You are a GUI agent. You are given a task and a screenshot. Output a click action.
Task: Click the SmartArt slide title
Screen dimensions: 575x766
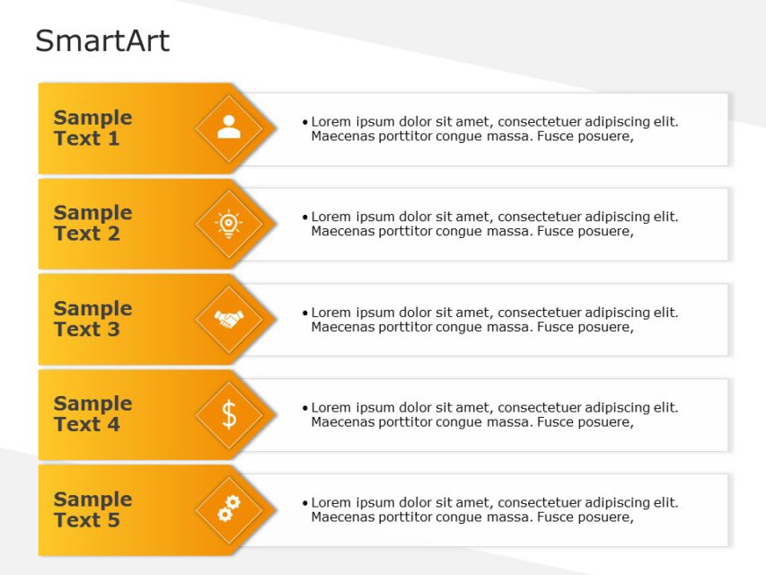tap(101, 41)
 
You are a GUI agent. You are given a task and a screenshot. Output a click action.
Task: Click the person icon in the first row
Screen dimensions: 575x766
tap(229, 127)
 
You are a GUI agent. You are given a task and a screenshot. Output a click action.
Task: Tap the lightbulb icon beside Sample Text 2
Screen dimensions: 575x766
tap(229, 223)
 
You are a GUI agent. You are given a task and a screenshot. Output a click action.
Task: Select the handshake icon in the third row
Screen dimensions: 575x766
tap(229, 319)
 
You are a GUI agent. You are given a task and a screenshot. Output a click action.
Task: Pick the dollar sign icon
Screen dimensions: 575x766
tap(229, 414)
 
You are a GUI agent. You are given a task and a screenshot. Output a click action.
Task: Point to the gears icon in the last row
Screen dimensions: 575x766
tap(229, 509)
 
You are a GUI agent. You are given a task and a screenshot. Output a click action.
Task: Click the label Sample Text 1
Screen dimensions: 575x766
tap(92, 128)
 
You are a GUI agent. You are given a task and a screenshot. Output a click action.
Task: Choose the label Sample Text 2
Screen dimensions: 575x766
tap(92, 223)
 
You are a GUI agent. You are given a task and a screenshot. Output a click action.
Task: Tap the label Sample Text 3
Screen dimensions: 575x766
tap(92, 319)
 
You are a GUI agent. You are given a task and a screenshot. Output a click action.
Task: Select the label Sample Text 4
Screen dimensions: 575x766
tap(92, 414)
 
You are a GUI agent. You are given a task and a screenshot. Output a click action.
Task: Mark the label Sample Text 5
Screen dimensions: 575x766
tap(92, 509)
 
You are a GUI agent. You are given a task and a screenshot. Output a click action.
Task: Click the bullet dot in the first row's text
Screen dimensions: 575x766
tap(305, 122)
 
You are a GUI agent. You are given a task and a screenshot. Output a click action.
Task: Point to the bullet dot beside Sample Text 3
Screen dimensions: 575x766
tap(305, 313)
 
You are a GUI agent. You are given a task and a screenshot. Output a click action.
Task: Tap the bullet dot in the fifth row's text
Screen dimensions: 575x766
tap(305, 503)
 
